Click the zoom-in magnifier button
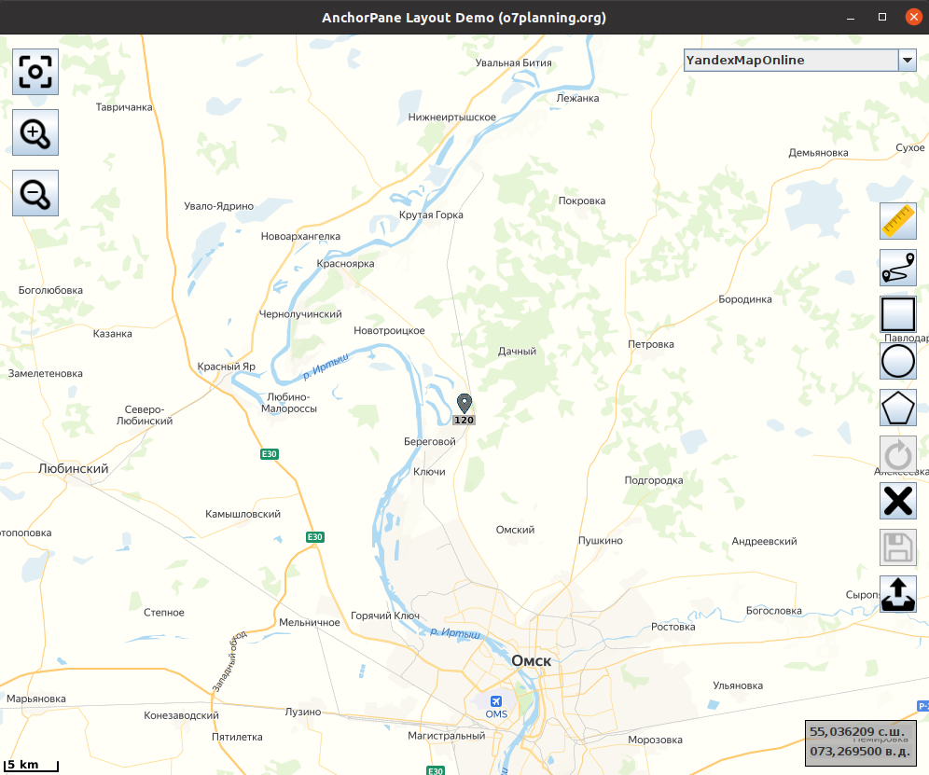point(35,133)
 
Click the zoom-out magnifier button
point(35,193)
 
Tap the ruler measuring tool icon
point(898,221)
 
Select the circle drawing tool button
point(898,360)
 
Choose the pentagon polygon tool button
point(898,408)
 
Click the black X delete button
point(898,501)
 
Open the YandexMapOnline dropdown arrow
point(907,61)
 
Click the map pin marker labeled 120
point(464,404)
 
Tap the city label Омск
point(532,660)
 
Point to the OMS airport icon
point(495,700)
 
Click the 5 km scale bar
point(30,766)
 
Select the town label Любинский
point(74,468)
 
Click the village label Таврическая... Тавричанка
point(124,107)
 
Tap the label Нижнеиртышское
point(452,118)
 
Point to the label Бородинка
point(745,299)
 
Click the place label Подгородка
point(654,480)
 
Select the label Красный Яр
point(227,367)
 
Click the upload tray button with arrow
point(898,594)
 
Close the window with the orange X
point(911,17)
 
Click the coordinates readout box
point(860,741)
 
